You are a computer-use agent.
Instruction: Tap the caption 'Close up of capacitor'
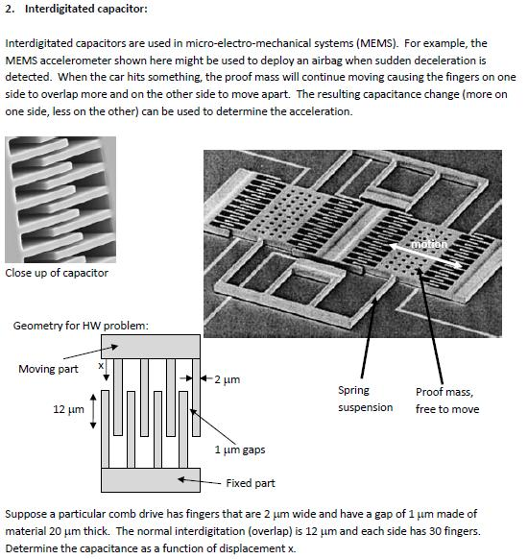tap(57, 273)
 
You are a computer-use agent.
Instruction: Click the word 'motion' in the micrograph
tap(429, 244)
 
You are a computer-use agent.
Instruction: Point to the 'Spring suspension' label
tap(366, 399)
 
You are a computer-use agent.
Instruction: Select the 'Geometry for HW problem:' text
tap(81, 326)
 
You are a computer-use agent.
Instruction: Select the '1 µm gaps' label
tap(239, 449)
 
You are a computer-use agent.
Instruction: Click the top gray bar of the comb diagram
tap(151, 347)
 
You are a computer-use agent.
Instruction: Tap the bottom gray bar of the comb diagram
tap(151, 479)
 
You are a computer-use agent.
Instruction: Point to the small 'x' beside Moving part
tap(100, 366)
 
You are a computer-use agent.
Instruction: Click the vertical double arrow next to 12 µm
tap(92, 410)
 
